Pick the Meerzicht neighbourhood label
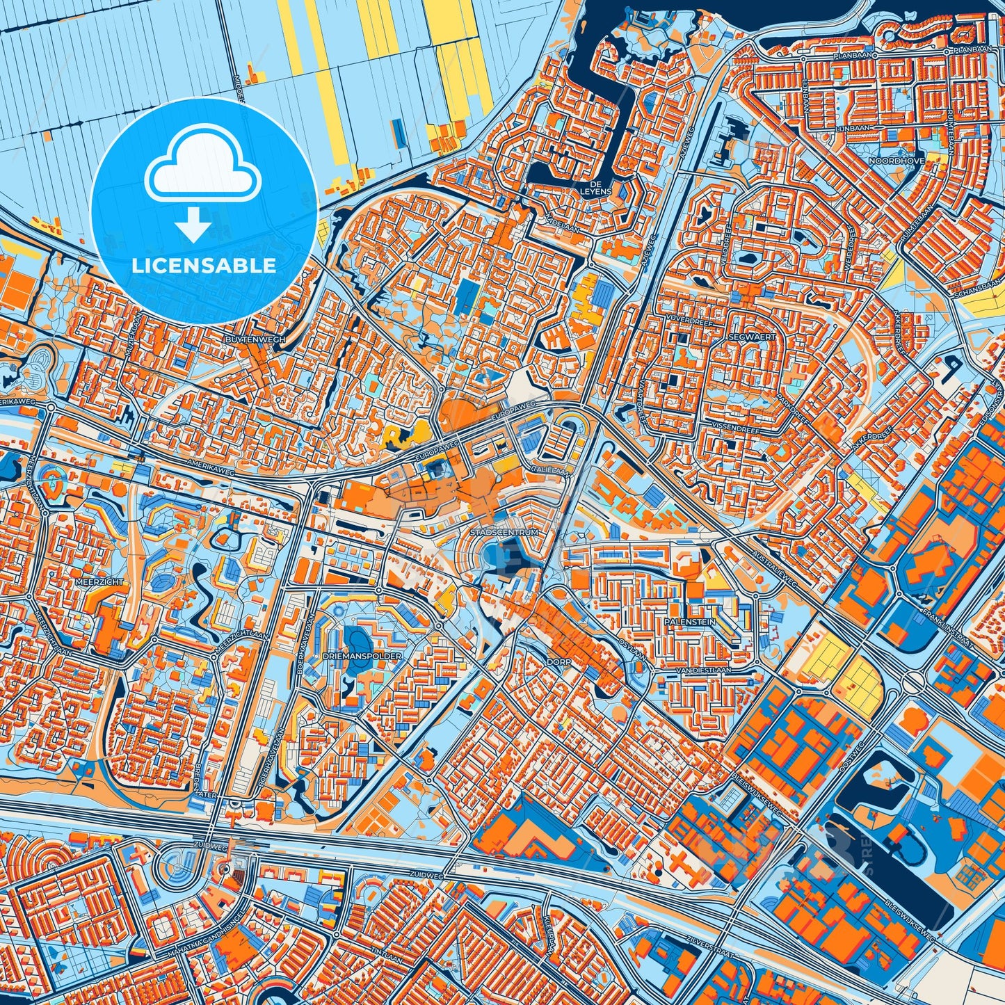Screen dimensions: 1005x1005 click(101, 581)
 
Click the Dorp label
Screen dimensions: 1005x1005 click(558, 662)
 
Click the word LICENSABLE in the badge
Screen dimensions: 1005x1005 click(204, 265)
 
